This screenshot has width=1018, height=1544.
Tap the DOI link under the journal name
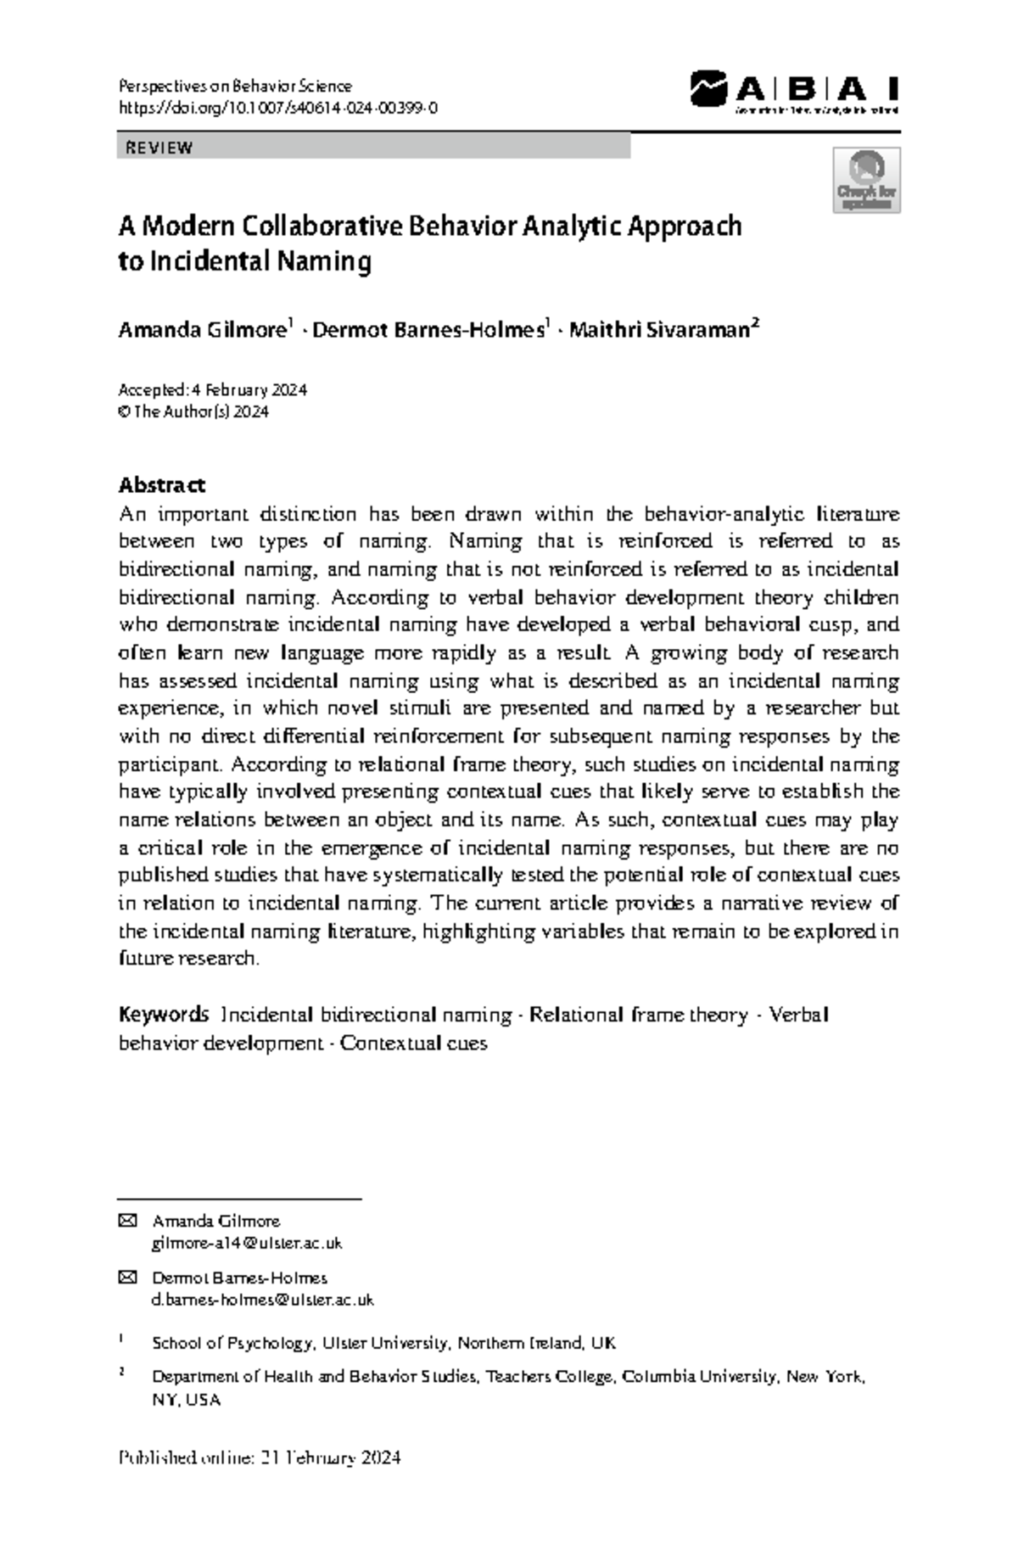click(277, 108)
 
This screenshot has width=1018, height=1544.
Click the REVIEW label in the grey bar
click(159, 148)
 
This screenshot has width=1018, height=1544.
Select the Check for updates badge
click(866, 180)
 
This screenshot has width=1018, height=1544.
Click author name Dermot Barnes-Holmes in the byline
click(428, 330)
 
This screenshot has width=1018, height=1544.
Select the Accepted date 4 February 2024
click(248, 390)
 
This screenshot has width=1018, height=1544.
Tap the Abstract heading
click(161, 485)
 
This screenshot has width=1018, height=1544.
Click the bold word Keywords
click(163, 1015)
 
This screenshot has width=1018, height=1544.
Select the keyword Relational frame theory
click(638, 1015)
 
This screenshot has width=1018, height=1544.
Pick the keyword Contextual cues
click(413, 1043)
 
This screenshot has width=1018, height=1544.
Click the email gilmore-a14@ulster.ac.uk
click(247, 1243)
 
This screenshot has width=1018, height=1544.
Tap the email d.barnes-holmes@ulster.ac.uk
click(262, 1300)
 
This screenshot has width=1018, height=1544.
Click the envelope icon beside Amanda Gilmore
click(127, 1221)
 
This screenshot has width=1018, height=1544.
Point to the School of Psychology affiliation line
click(383, 1343)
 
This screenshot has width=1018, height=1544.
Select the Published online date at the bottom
click(260, 1458)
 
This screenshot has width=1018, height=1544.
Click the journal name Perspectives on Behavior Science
click(235, 86)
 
